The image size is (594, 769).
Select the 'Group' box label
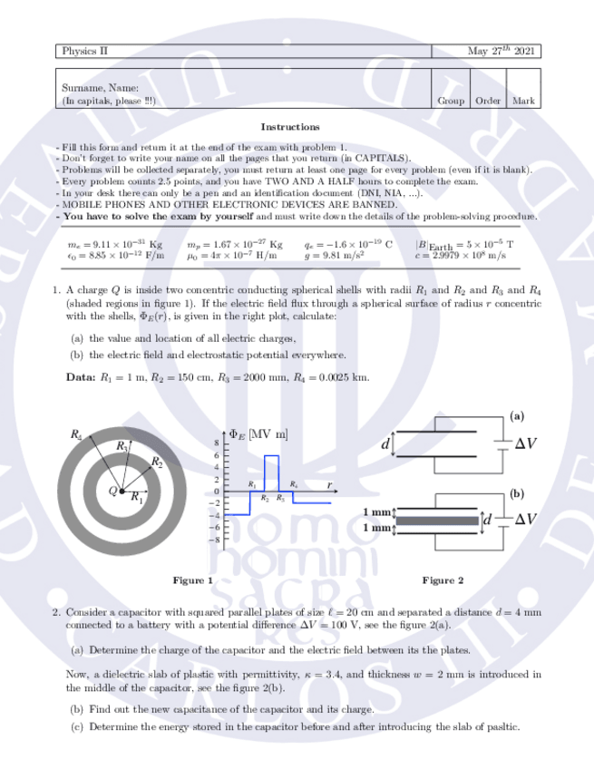pyautogui.click(x=451, y=102)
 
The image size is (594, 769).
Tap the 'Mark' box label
pyautogui.click(x=523, y=102)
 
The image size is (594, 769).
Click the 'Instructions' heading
pyautogui.click(x=289, y=127)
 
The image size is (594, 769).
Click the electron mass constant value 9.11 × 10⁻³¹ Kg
pyautogui.click(x=115, y=245)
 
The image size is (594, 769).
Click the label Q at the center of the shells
pyautogui.click(x=112, y=491)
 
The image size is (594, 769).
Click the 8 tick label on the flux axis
pyautogui.click(x=216, y=442)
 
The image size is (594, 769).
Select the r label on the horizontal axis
pyautogui.click(x=328, y=484)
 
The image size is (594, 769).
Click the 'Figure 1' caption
pyautogui.click(x=192, y=579)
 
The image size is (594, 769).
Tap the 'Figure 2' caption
pyautogui.click(x=443, y=579)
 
